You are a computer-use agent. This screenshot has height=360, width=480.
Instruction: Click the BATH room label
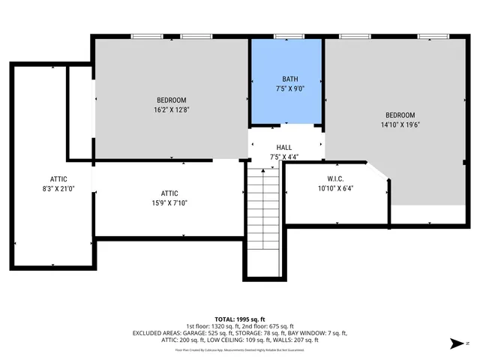click(x=289, y=79)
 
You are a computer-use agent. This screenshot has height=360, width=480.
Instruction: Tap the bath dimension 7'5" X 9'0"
click(x=289, y=88)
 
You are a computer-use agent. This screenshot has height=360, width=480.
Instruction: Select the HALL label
click(x=284, y=148)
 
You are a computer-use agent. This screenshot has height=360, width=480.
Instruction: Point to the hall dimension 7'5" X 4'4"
click(x=284, y=157)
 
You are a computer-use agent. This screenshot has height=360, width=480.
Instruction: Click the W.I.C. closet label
click(x=334, y=178)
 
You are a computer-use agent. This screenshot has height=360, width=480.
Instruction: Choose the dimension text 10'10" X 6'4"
click(x=334, y=188)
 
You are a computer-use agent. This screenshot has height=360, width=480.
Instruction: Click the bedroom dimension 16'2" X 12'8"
click(x=172, y=109)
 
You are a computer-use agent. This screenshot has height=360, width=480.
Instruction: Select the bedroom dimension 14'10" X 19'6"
click(x=399, y=124)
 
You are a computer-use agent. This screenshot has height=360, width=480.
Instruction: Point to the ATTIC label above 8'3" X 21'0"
click(x=59, y=178)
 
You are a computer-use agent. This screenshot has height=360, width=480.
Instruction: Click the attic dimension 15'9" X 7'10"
click(x=169, y=202)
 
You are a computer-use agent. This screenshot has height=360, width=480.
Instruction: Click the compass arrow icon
click(x=454, y=343)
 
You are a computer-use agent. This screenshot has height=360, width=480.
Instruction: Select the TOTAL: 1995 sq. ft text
click(x=240, y=318)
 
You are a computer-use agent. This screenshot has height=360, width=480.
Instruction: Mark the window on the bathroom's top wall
click(x=284, y=36)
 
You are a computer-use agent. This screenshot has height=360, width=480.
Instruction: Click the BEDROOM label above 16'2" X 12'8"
click(x=172, y=100)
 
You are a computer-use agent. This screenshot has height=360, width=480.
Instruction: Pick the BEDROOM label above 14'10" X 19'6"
click(x=399, y=115)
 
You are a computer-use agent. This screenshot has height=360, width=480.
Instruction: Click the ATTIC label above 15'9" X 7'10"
click(x=169, y=193)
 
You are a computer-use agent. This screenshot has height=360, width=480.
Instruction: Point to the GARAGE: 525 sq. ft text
click(x=214, y=332)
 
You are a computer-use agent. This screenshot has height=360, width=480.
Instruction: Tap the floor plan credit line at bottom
click(x=240, y=349)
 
